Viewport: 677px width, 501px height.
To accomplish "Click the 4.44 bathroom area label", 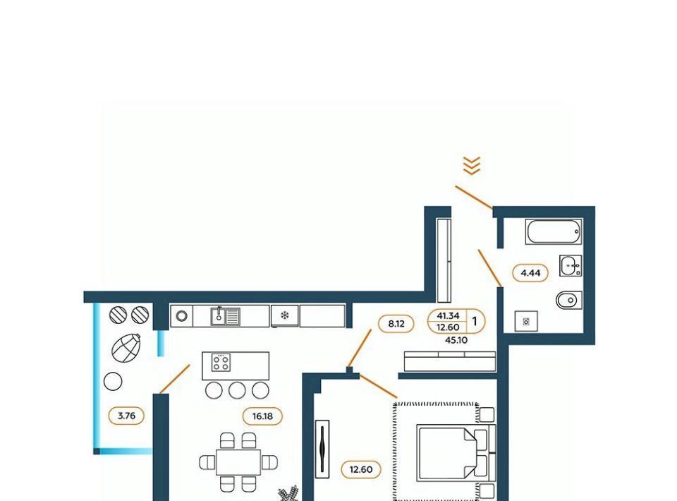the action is click(530, 273).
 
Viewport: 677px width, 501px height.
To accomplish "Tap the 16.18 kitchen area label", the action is click(262, 416).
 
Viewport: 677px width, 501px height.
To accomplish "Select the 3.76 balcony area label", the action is click(126, 416).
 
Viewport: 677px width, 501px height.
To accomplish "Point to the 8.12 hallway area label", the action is click(396, 323).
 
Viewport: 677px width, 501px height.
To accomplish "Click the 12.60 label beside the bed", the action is click(361, 469).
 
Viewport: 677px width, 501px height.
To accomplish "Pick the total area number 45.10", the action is click(456, 340).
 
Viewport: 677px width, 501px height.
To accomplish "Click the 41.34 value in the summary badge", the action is click(448, 315).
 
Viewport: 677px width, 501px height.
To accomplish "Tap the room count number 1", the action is click(475, 321).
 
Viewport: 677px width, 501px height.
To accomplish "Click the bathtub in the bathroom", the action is click(554, 232).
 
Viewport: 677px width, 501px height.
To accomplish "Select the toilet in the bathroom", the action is click(568, 300).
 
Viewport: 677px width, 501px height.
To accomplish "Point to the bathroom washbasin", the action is click(571, 265).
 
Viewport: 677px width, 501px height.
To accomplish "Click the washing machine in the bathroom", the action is click(526, 321).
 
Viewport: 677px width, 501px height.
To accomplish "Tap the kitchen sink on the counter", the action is click(226, 316).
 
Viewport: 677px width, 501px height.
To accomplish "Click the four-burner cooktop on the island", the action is click(221, 363).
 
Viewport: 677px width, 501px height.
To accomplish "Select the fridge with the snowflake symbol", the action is click(284, 315).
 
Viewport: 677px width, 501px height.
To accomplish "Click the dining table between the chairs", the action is click(238, 463).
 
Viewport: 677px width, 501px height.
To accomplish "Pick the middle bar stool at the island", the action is click(237, 390).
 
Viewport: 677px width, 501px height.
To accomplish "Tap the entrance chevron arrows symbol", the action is click(472, 166).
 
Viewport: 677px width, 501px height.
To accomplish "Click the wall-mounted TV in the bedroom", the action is click(322, 449).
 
